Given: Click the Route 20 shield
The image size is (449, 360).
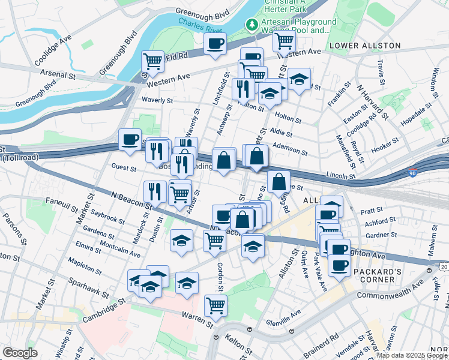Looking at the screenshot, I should (x=444, y=266).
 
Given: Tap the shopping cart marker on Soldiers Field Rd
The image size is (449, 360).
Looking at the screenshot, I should (x=152, y=61).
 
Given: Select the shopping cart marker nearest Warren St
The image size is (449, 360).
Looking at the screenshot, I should (x=215, y=304).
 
